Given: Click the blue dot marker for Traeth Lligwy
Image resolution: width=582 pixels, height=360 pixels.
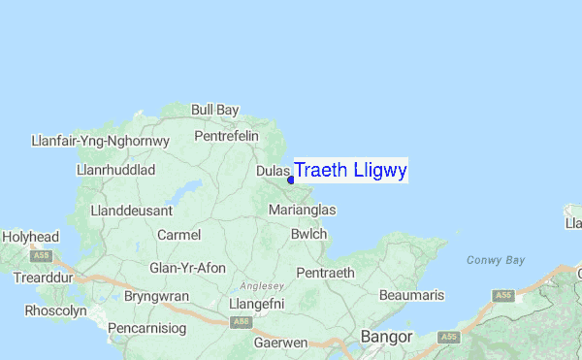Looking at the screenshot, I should tap(291, 180).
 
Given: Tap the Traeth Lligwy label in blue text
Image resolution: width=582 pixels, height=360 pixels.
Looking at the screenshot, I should tap(350, 170).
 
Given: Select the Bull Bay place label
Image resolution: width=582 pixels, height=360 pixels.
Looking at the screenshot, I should tap(214, 111).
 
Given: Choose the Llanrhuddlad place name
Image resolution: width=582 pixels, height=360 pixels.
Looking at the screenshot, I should tap(115, 170).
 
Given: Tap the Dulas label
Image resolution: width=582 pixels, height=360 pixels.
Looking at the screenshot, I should tap(274, 172).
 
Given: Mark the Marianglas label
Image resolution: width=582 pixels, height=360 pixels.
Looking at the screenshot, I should tap(302, 210).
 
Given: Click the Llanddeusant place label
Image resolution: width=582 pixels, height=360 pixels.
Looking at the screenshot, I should tap(131, 210).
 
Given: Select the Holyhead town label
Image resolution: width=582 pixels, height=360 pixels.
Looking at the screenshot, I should tap(31, 237).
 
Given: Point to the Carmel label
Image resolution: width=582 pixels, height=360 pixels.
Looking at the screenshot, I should tap(178, 235).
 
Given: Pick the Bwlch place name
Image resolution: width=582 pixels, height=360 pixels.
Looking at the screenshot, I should tap(308, 234).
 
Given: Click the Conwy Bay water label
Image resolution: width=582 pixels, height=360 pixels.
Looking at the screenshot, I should tap(495, 260).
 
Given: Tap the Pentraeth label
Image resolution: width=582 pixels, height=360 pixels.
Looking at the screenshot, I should tap(325, 273).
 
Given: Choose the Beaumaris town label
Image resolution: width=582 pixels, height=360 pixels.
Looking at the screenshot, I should tap(411, 294).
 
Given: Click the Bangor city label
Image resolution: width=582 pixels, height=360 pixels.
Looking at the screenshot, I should tap(386, 337).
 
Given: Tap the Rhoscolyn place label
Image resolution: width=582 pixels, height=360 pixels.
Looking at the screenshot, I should tap(55, 311).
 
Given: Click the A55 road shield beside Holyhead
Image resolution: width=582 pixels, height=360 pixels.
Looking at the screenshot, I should tap(41, 257).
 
